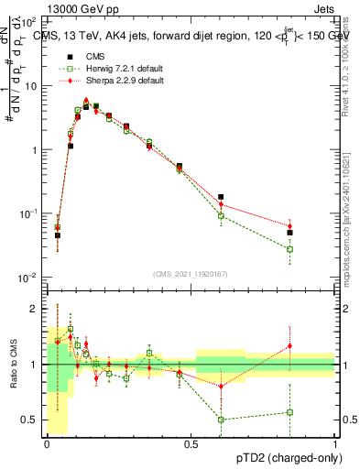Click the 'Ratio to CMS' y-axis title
point(12,364)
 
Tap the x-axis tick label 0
point(47,443)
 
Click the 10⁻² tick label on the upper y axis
point(27,277)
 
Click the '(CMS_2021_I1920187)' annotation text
point(191,273)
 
